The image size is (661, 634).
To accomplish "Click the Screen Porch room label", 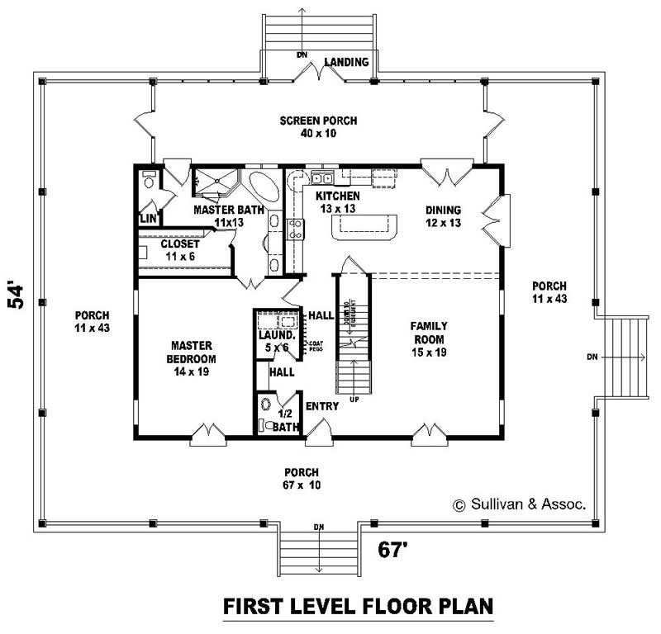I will [x=307, y=126].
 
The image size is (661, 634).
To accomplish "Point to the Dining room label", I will [x=443, y=216].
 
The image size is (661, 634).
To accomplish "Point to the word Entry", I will [x=321, y=407].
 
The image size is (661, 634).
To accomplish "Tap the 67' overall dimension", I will [x=396, y=548].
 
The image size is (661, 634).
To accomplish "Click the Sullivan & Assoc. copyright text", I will [x=518, y=504].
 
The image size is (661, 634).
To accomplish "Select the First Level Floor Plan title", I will [x=359, y=607].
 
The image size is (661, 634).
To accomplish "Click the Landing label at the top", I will [x=345, y=62].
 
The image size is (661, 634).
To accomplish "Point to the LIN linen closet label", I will [x=148, y=219].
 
